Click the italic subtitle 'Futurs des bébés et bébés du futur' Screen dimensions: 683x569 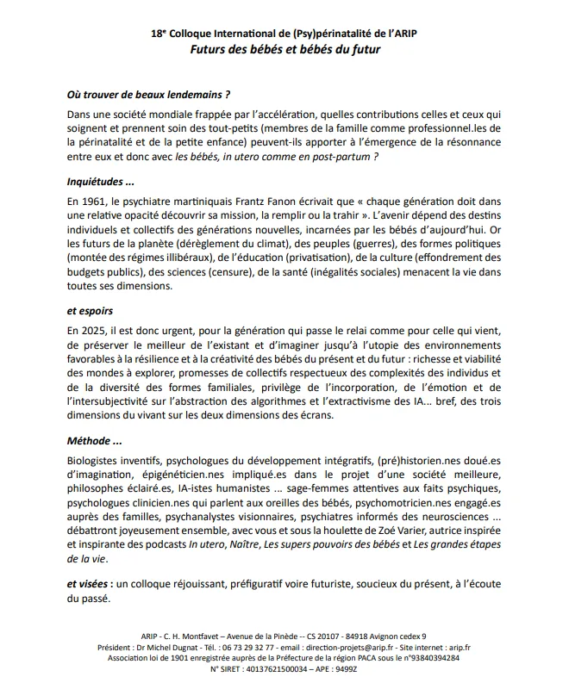(284, 49)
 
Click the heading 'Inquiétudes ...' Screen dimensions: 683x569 (101, 182)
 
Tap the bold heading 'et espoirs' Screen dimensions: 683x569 (91, 309)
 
